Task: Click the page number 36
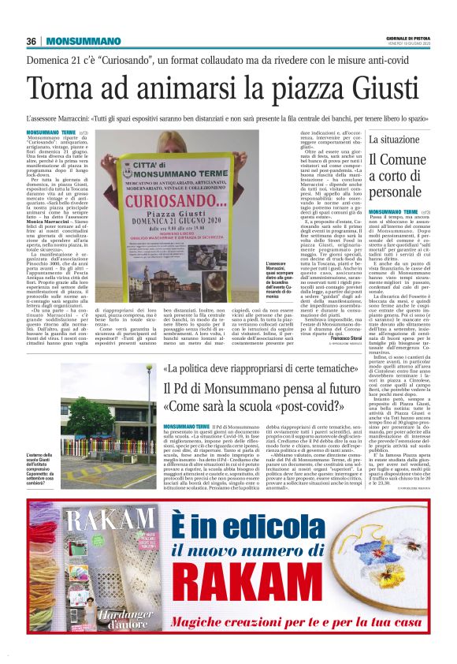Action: pos(32,41)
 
